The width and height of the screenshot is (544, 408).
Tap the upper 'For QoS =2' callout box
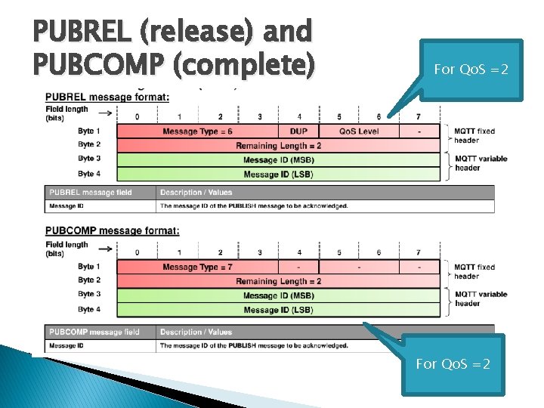[x=471, y=70]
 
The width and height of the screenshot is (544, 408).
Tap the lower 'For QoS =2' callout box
[x=453, y=363]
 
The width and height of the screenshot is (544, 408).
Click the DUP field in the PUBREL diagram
[x=298, y=131]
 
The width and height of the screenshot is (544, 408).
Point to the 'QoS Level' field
[x=358, y=131]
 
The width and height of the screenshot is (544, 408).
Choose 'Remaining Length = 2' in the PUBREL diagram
[x=278, y=145]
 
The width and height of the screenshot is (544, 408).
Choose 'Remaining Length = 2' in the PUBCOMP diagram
[x=278, y=281]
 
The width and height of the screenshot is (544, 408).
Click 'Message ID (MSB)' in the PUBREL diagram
[x=278, y=159]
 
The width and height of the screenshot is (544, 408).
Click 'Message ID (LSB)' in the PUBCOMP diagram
[x=278, y=310]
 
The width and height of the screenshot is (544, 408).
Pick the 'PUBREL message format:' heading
[x=107, y=97]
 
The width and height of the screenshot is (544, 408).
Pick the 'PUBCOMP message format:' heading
[x=112, y=231]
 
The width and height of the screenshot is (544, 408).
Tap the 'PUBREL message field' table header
[x=90, y=192]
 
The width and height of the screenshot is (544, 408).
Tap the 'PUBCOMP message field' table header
[x=94, y=332]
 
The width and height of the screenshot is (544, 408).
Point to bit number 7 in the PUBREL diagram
[x=418, y=116]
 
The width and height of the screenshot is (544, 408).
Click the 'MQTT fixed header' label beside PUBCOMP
[x=474, y=271]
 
